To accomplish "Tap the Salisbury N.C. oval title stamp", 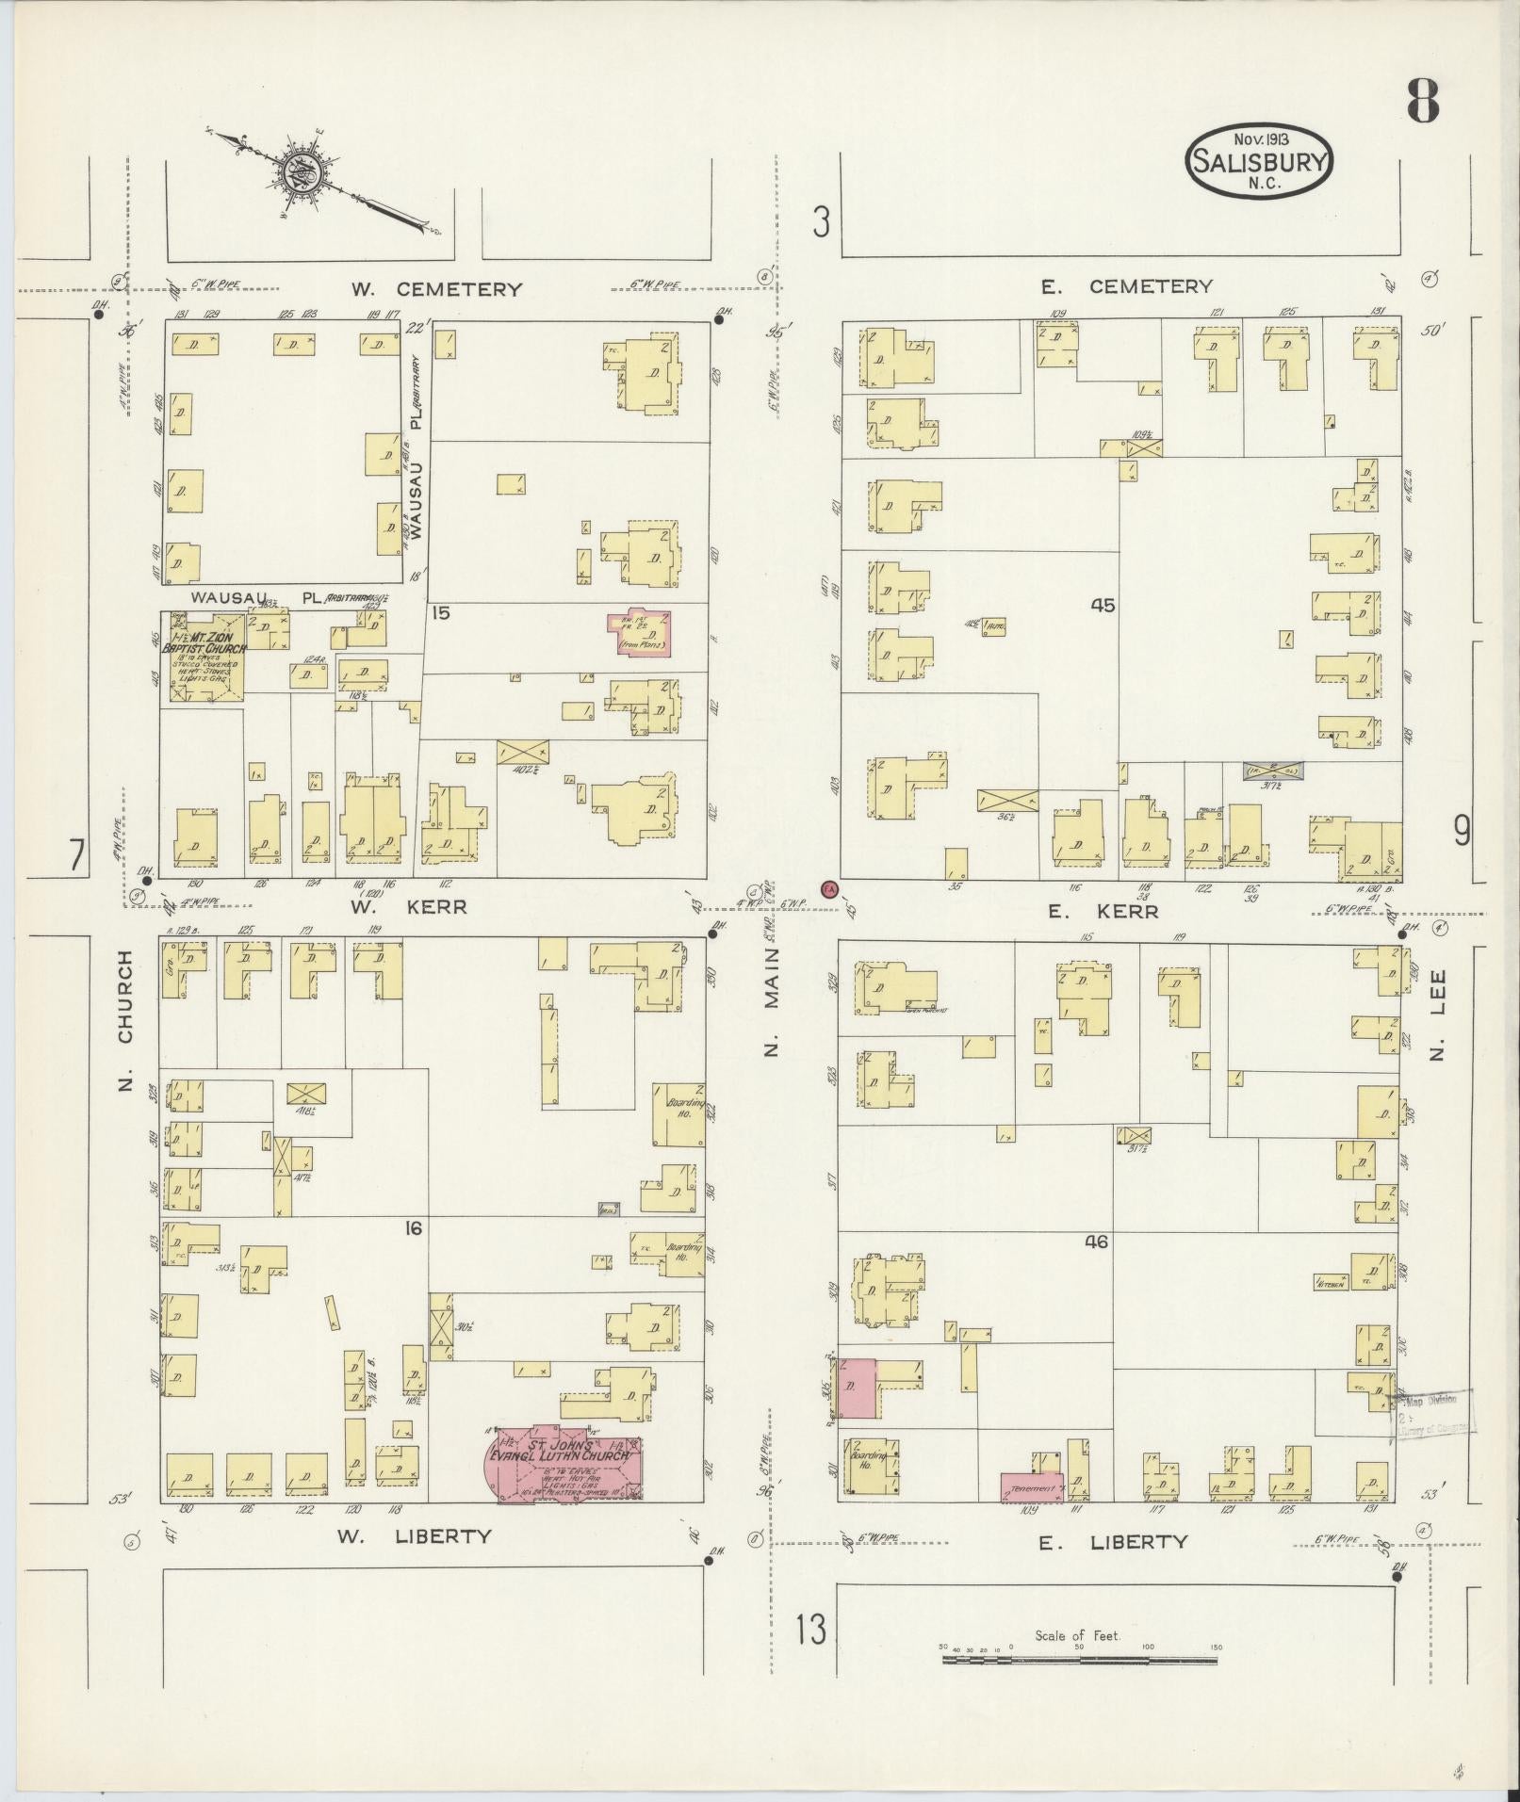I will (1260, 161).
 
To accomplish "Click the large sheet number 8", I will (1423, 102).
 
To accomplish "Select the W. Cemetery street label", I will (436, 289).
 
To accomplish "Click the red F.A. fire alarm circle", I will (829, 888).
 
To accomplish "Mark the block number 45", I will (1102, 606).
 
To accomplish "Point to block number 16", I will (413, 1227).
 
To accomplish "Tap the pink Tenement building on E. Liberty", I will (1031, 1487).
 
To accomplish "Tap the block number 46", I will (1096, 1242).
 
